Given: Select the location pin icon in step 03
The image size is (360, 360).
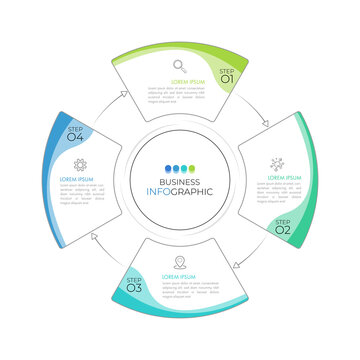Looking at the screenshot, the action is point(180,262).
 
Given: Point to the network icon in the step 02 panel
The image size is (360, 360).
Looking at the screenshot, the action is point(277,163).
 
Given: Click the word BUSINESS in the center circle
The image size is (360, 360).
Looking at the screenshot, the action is point(180,181).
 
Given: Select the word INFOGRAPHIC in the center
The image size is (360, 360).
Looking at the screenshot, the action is point(180,192).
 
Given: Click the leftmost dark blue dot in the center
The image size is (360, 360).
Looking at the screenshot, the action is point(168,168).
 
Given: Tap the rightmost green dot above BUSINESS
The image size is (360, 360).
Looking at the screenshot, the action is point(192,168).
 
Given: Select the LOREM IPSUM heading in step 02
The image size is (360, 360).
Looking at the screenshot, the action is point(283,177).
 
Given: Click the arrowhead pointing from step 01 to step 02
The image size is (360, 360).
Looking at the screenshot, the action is point(265,125).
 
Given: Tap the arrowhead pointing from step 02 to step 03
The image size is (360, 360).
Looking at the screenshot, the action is point(236,264).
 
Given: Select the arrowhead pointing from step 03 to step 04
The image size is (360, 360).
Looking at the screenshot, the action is point(95,236).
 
